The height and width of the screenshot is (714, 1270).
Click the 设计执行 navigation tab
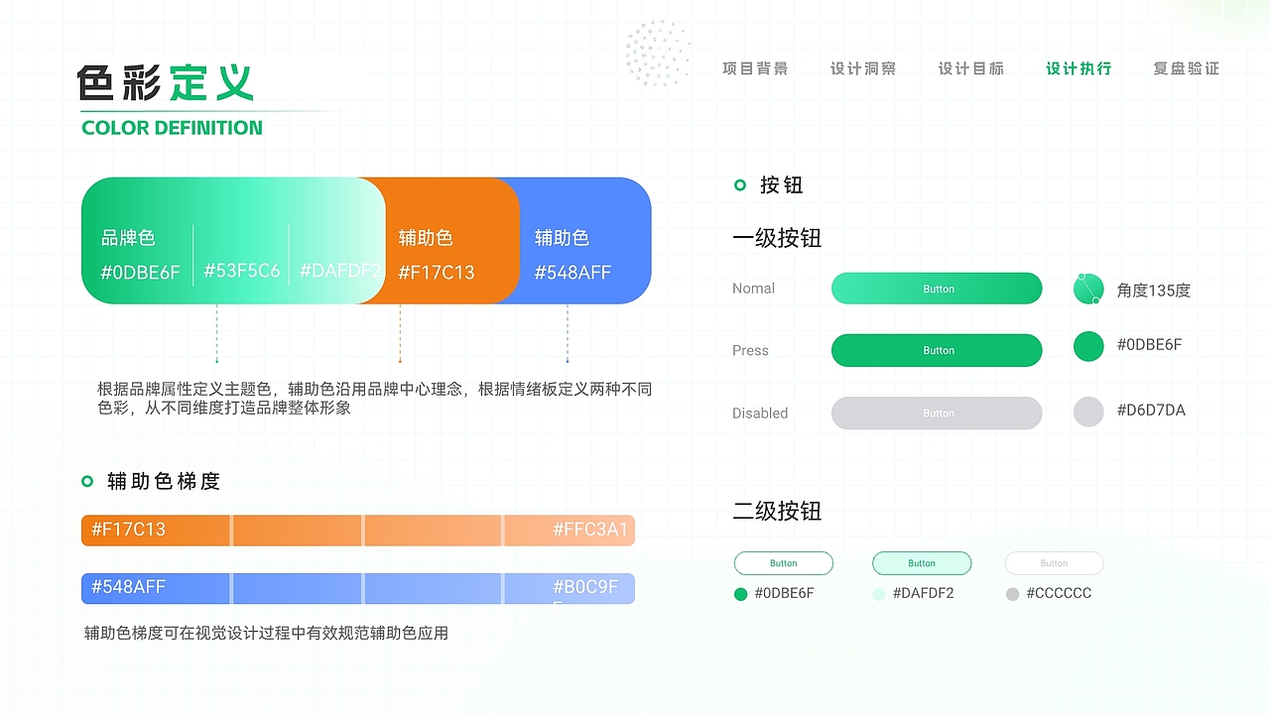point(1079,68)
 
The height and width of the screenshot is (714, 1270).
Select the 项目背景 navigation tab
point(755,68)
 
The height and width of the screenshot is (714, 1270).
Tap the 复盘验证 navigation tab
point(1186,68)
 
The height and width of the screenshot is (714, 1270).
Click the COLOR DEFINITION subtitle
point(172,128)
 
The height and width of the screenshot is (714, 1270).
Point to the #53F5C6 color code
point(241,271)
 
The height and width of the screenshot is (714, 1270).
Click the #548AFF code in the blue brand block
point(572,273)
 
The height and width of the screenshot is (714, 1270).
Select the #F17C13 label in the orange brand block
point(437,273)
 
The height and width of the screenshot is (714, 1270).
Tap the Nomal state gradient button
point(937,289)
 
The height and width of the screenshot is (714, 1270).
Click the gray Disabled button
point(937,413)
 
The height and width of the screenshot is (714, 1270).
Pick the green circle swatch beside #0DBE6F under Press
point(1088,346)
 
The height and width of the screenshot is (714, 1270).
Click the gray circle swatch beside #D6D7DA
point(1088,412)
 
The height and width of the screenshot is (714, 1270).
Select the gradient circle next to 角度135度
point(1088,289)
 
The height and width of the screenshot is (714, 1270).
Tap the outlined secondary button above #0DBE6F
point(783,563)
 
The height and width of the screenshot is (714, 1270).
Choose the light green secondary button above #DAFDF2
point(922,563)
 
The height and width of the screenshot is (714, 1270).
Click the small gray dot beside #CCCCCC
point(1012,594)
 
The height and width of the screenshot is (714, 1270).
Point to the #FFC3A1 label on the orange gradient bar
point(590,530)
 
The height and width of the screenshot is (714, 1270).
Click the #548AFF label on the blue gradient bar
point(128,587)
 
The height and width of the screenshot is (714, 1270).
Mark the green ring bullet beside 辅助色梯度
point(87,482)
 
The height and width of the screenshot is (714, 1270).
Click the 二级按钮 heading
point(777,512)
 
